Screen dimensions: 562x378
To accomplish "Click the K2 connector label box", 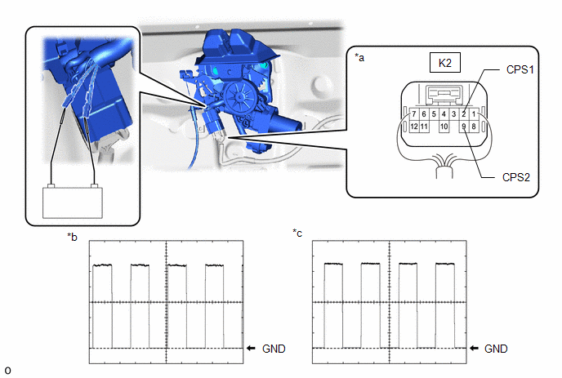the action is coord(445,63).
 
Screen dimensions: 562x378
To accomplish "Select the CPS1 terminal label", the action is coord(520,69).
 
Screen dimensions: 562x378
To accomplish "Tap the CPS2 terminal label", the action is coord(515,177).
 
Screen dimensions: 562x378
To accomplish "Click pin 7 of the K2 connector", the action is coord(414,114).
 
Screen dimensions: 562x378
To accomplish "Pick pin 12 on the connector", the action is coord(414,127).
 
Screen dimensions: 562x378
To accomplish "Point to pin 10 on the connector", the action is coord(444,127).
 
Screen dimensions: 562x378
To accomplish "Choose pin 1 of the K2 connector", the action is coord(474,114).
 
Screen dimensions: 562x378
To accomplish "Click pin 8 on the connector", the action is coord(474,127).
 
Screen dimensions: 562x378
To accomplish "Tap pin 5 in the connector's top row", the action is coord(434,114).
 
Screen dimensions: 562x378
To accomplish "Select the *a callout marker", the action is coord(359,57).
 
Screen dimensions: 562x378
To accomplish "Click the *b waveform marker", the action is coord(72,237).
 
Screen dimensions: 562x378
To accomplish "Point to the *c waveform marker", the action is coord(297,233).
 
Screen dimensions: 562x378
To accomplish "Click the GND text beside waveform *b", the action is coord(274,349).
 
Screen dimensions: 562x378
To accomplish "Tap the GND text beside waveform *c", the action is coord(496,349).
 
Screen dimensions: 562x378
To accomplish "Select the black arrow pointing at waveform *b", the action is coord(252,349).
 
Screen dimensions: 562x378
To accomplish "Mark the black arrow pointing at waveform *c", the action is coord(474,349).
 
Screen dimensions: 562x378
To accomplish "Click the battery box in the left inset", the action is coord(73,202).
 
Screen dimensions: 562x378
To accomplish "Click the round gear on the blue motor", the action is coord(239,96).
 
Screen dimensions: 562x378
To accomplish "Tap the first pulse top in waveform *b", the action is coord(102,265).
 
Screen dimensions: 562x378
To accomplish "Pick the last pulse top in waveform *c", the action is coord(445,264).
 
